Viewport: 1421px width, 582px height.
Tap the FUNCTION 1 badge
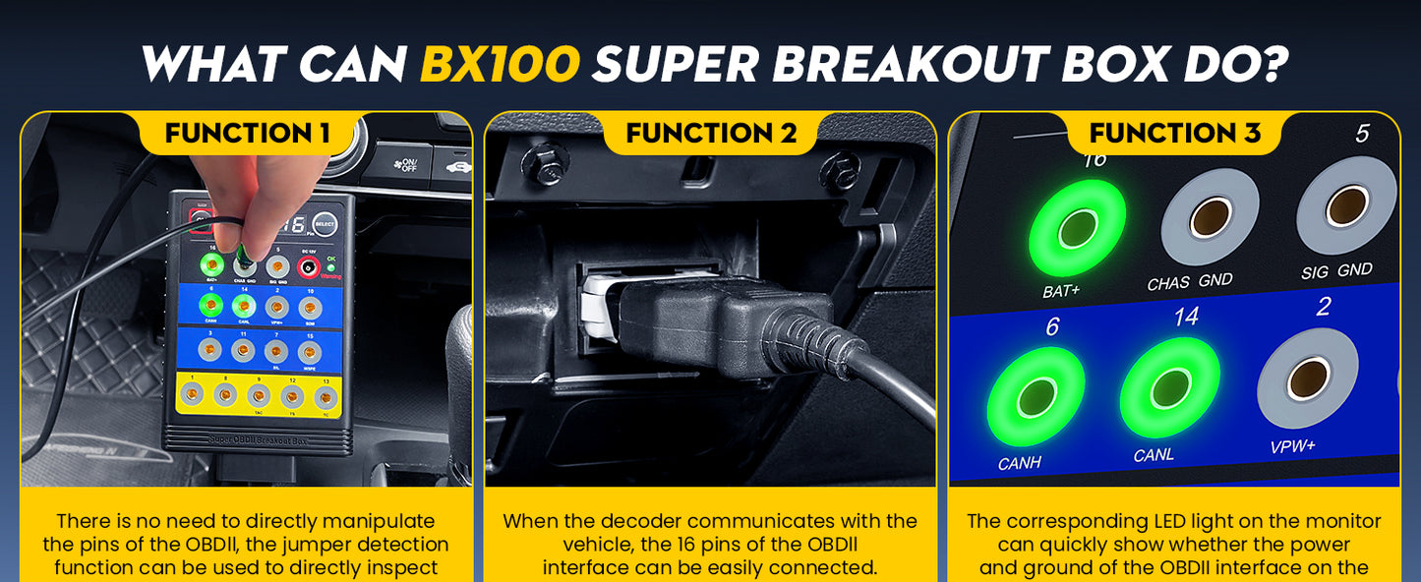point(247,133)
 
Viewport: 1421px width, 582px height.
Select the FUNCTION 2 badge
point(710,133)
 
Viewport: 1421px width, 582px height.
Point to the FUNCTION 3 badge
point(1174,133)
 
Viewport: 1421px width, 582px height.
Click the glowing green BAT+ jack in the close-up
point(1077,228)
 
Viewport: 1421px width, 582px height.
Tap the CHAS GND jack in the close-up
point(1210,216)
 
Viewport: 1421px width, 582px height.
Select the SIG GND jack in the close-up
point(1345,205)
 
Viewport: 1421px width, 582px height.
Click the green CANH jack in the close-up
point(1035,396)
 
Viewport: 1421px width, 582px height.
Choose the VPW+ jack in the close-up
point(1307,378)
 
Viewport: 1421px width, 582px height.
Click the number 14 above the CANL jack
point(1185,317)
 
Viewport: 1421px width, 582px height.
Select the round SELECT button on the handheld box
point(326,224)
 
